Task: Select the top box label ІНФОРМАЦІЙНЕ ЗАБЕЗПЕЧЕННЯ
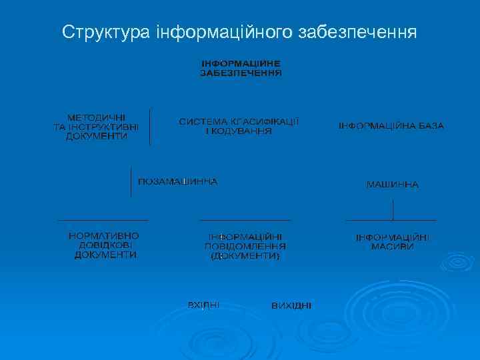241,67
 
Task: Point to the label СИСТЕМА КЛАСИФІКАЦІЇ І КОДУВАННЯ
239,127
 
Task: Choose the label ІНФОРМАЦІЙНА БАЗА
391,126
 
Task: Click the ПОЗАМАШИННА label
177,182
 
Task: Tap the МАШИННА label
392,184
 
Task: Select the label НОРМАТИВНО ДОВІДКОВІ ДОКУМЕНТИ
104,245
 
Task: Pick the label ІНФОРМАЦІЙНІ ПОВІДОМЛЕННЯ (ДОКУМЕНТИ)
245,246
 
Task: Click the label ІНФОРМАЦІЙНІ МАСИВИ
392,241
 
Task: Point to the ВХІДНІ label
203,305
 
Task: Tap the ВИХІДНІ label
291,305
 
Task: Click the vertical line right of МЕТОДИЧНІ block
150,127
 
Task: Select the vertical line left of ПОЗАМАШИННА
131,181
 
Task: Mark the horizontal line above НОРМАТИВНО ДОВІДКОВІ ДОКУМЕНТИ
103,219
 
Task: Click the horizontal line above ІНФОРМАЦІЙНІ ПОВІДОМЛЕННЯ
245,219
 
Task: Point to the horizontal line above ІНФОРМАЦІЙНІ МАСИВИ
391,219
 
